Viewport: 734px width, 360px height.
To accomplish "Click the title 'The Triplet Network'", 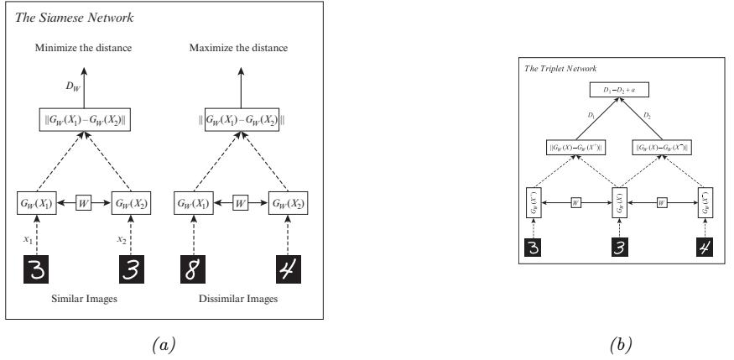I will click(554, 66).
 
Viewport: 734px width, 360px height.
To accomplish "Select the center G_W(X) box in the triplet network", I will click(619, 203).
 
